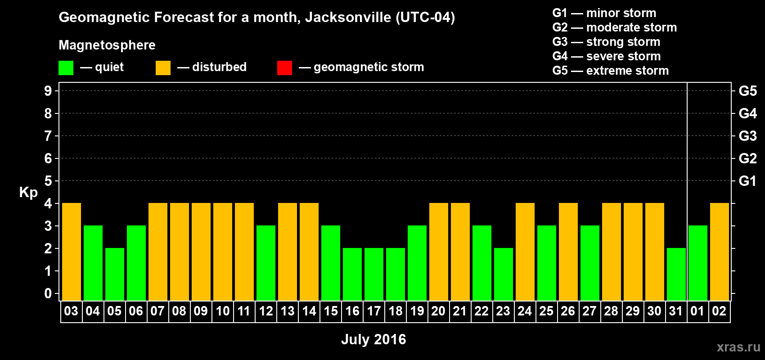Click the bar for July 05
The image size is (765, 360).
click(115, 274)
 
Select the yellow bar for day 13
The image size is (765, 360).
click(288, 252)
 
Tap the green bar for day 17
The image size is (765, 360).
click(374, 274)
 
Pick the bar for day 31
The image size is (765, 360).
click(676, 274)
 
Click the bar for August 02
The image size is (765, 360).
click(720, 252)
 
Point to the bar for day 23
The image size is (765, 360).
click(504, 274)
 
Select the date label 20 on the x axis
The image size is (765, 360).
click(438, 311)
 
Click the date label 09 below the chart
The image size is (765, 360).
click(201, 311)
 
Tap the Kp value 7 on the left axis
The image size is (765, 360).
click(48, 136)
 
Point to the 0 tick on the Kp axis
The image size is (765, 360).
click(48, 294)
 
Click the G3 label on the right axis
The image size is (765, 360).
click(747, 136)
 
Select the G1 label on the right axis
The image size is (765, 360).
click(747, 181)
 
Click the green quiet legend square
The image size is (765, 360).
click(66, 68)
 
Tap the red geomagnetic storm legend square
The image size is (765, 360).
click(284, 68)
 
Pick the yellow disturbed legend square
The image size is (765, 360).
click(163, 68)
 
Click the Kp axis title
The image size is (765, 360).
click(28, 192)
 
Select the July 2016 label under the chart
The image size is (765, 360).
click(373, 339)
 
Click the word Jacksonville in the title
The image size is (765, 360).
click(348, 18)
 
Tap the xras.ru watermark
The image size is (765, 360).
click(738, 347)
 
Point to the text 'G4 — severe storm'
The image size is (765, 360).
click(607, 56)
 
